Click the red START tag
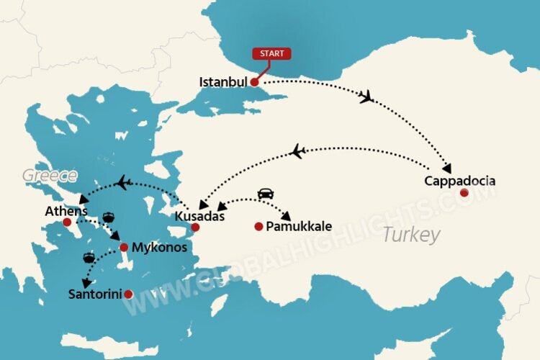pos(271,53)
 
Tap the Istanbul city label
pos(223,82)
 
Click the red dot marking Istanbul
pos(254,82)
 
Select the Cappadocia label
pos(459,181)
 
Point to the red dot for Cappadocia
pos(464,192)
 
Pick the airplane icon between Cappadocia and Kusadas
pos(297,151)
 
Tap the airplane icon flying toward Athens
pos(124,182)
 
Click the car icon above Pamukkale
pos(265,194)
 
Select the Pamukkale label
pos(299,227)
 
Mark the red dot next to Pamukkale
pos(258,227)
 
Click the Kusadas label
pos(200,216)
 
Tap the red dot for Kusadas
pos(194,228)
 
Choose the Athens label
pos(66,212)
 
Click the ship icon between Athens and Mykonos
pos(108,216)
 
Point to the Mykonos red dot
pos(124,247)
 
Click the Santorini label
pos(94,294)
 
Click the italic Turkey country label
pos(411,235)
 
